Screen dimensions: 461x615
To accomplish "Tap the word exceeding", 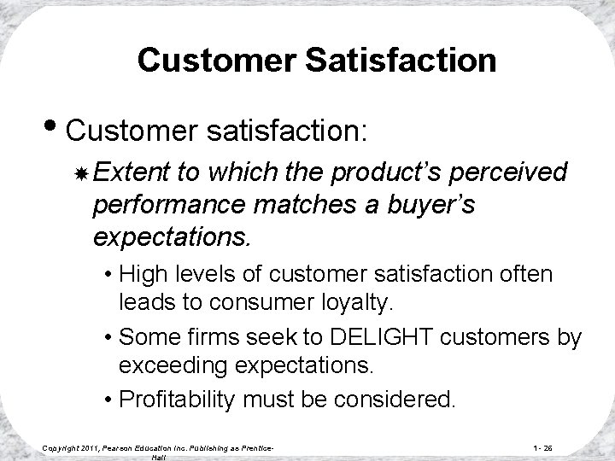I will (x=169, y=366).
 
